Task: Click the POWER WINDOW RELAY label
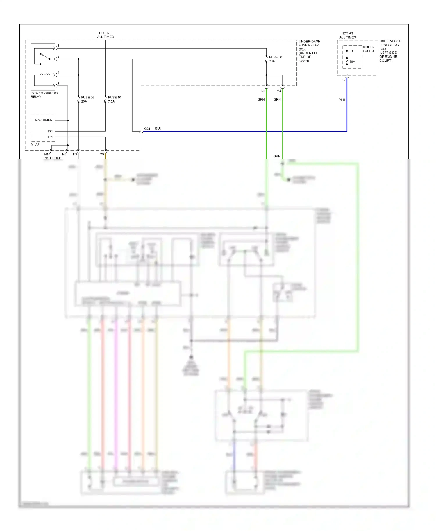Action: coord(44,95)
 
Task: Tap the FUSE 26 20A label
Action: coord(87,99)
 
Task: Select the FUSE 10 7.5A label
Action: coord(114,99)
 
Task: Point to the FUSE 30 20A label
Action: coord(275,59)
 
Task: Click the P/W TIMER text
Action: coord(44,120)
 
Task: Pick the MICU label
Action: coord(35,144)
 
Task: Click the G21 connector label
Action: coord(147,129)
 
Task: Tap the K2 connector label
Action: coord(343,80)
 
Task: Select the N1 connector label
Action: coord(263,91)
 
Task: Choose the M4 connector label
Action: coord(278,91)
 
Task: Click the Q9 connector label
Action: coord(101,154)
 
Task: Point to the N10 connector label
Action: coord(47,154)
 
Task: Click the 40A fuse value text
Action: coord(352,62)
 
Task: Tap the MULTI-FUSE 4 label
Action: coord(368,49)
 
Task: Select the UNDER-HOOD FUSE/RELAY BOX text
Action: coord(390,51)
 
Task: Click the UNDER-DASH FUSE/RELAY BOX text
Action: coord(309,51)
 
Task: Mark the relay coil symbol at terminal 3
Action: coord(45,75)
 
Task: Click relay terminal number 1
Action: coord(58,46)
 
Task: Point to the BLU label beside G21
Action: coord(158,128)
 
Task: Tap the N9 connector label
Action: coord(75,154)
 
